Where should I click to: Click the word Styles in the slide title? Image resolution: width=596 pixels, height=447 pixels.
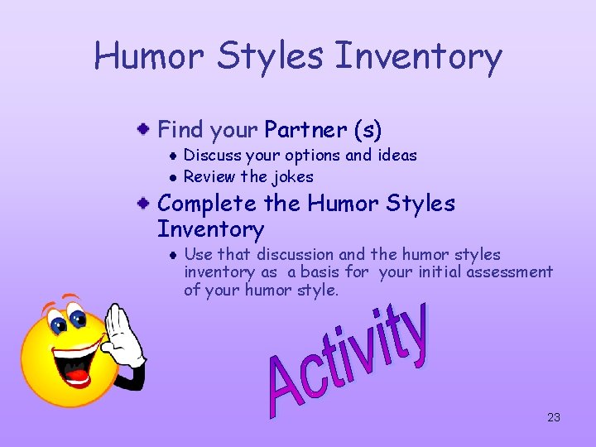click(273, 56)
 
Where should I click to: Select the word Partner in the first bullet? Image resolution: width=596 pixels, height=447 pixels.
click(305, 130)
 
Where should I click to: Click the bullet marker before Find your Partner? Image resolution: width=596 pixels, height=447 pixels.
click(144, 129)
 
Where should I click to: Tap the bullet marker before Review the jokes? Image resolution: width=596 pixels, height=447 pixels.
click(171, 177)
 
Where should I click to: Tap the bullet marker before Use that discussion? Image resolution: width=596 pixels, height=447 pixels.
click(171, 255)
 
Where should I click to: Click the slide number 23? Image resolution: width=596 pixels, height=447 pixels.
click(554, 417)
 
